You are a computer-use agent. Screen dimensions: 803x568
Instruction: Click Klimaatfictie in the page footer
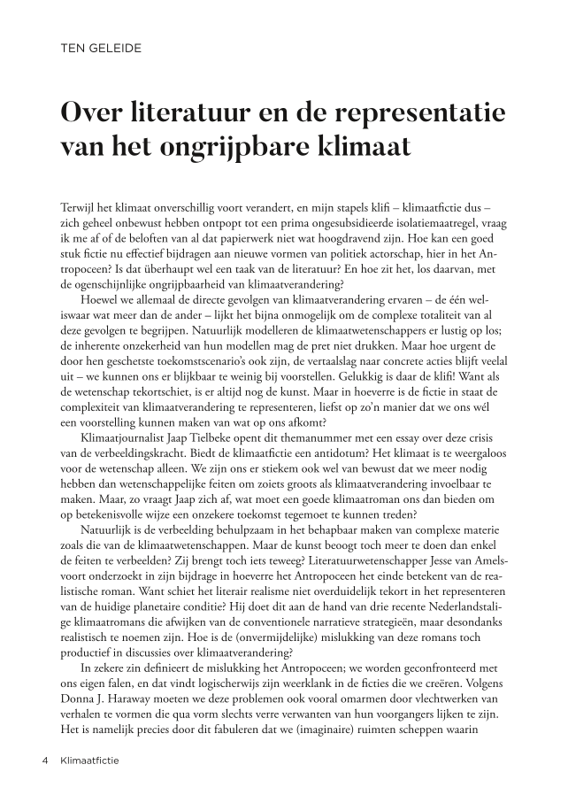click(92, 760)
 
